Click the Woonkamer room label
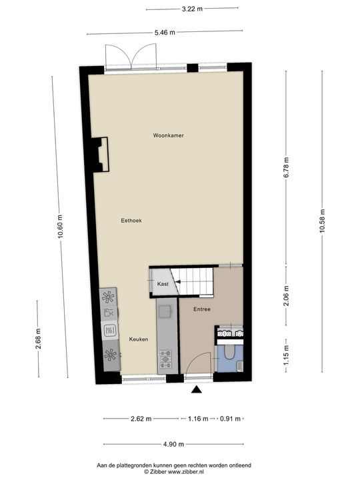(x=168, y=135)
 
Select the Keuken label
(x=139, y=339)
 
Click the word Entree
(x=202, y=309)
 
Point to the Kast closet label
(x=162, y=285)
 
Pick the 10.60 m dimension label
(x=60, y=226)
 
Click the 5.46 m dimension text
(x=165, y=32)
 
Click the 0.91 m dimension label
(x=231, y=419)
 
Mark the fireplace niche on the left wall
(x=101, y=155)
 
